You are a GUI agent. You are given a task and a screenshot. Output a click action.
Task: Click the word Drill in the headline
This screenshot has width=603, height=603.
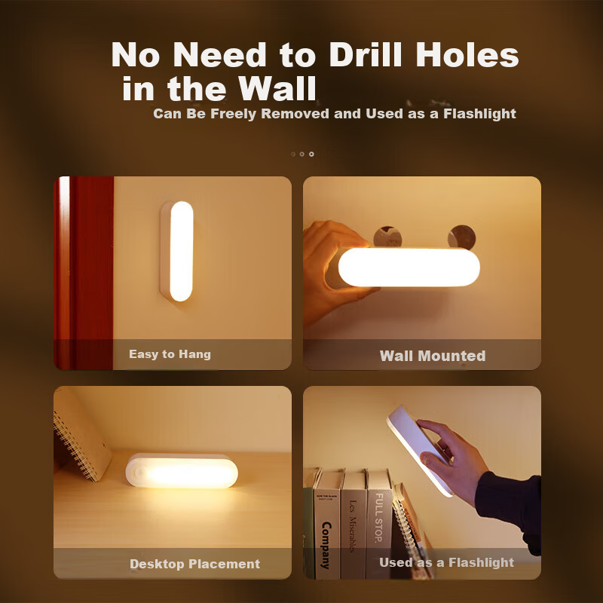[366, 54]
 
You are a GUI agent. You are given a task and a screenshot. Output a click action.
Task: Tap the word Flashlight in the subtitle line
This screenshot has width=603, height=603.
[479, 114]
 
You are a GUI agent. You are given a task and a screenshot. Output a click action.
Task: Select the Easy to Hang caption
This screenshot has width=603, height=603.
[170, 354]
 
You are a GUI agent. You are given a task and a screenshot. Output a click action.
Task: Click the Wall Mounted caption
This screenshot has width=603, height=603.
[433, 356]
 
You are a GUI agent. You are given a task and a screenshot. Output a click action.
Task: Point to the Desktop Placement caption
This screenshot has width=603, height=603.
[195, 564]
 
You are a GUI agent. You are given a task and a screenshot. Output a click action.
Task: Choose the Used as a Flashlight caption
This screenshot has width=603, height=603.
[446, 562]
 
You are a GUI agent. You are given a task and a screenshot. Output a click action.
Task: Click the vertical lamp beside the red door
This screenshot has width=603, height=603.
[177, 251]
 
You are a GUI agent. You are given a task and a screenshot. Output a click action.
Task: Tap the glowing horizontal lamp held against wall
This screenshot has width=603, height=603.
[404, 268]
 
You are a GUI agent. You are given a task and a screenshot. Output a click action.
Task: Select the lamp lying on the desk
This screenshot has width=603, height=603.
[182, 471]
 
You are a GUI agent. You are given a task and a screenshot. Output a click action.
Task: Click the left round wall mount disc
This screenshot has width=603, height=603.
[387, 237]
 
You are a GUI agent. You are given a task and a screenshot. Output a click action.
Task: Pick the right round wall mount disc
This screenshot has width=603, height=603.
[461, 237]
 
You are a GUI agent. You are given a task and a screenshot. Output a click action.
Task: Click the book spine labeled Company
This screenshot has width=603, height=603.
[326, 525]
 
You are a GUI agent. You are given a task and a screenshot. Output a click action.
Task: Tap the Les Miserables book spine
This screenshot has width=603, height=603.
[353, 525]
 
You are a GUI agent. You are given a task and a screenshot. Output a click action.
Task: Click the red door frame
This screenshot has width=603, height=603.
[84, 273]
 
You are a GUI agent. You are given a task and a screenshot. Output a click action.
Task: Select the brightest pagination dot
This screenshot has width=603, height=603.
[311, 155]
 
